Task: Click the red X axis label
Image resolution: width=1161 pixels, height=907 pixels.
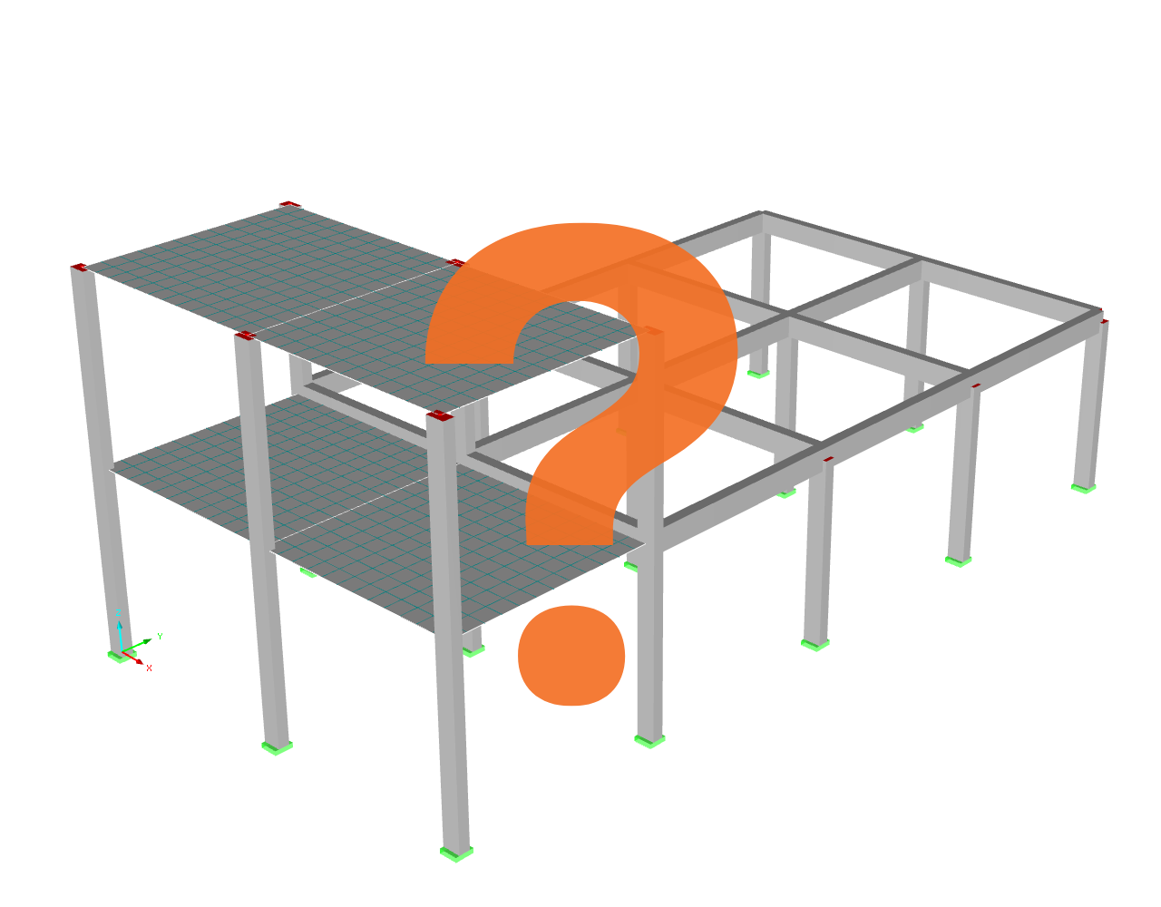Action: click(149, 668)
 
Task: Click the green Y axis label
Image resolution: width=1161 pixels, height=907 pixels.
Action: click(160, 636)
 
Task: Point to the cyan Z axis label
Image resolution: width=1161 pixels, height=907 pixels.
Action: click(118, 613)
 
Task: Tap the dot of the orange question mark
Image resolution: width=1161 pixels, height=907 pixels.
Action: click(571, 656)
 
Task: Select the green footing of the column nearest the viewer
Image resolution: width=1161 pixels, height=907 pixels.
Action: click(456, 853)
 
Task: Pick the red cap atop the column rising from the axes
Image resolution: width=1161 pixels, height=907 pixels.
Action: click(79, 267)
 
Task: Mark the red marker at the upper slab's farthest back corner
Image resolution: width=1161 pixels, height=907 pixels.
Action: click(289, 204)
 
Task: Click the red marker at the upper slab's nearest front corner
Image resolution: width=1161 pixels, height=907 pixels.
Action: click(440, 415)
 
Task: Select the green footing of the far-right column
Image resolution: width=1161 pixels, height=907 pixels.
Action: click(1084, 488)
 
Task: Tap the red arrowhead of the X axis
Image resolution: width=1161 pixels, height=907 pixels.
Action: click(140, 662)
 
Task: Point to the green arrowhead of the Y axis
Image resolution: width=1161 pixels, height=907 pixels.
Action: click(148, 641)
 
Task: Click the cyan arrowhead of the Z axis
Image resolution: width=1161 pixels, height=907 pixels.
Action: click(119, 624)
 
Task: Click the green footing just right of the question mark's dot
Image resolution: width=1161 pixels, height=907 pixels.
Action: click(649, 741)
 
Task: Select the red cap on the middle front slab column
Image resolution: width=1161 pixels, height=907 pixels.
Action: click(245, 336)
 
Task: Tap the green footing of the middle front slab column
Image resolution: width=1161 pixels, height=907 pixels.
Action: click(277, 747)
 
